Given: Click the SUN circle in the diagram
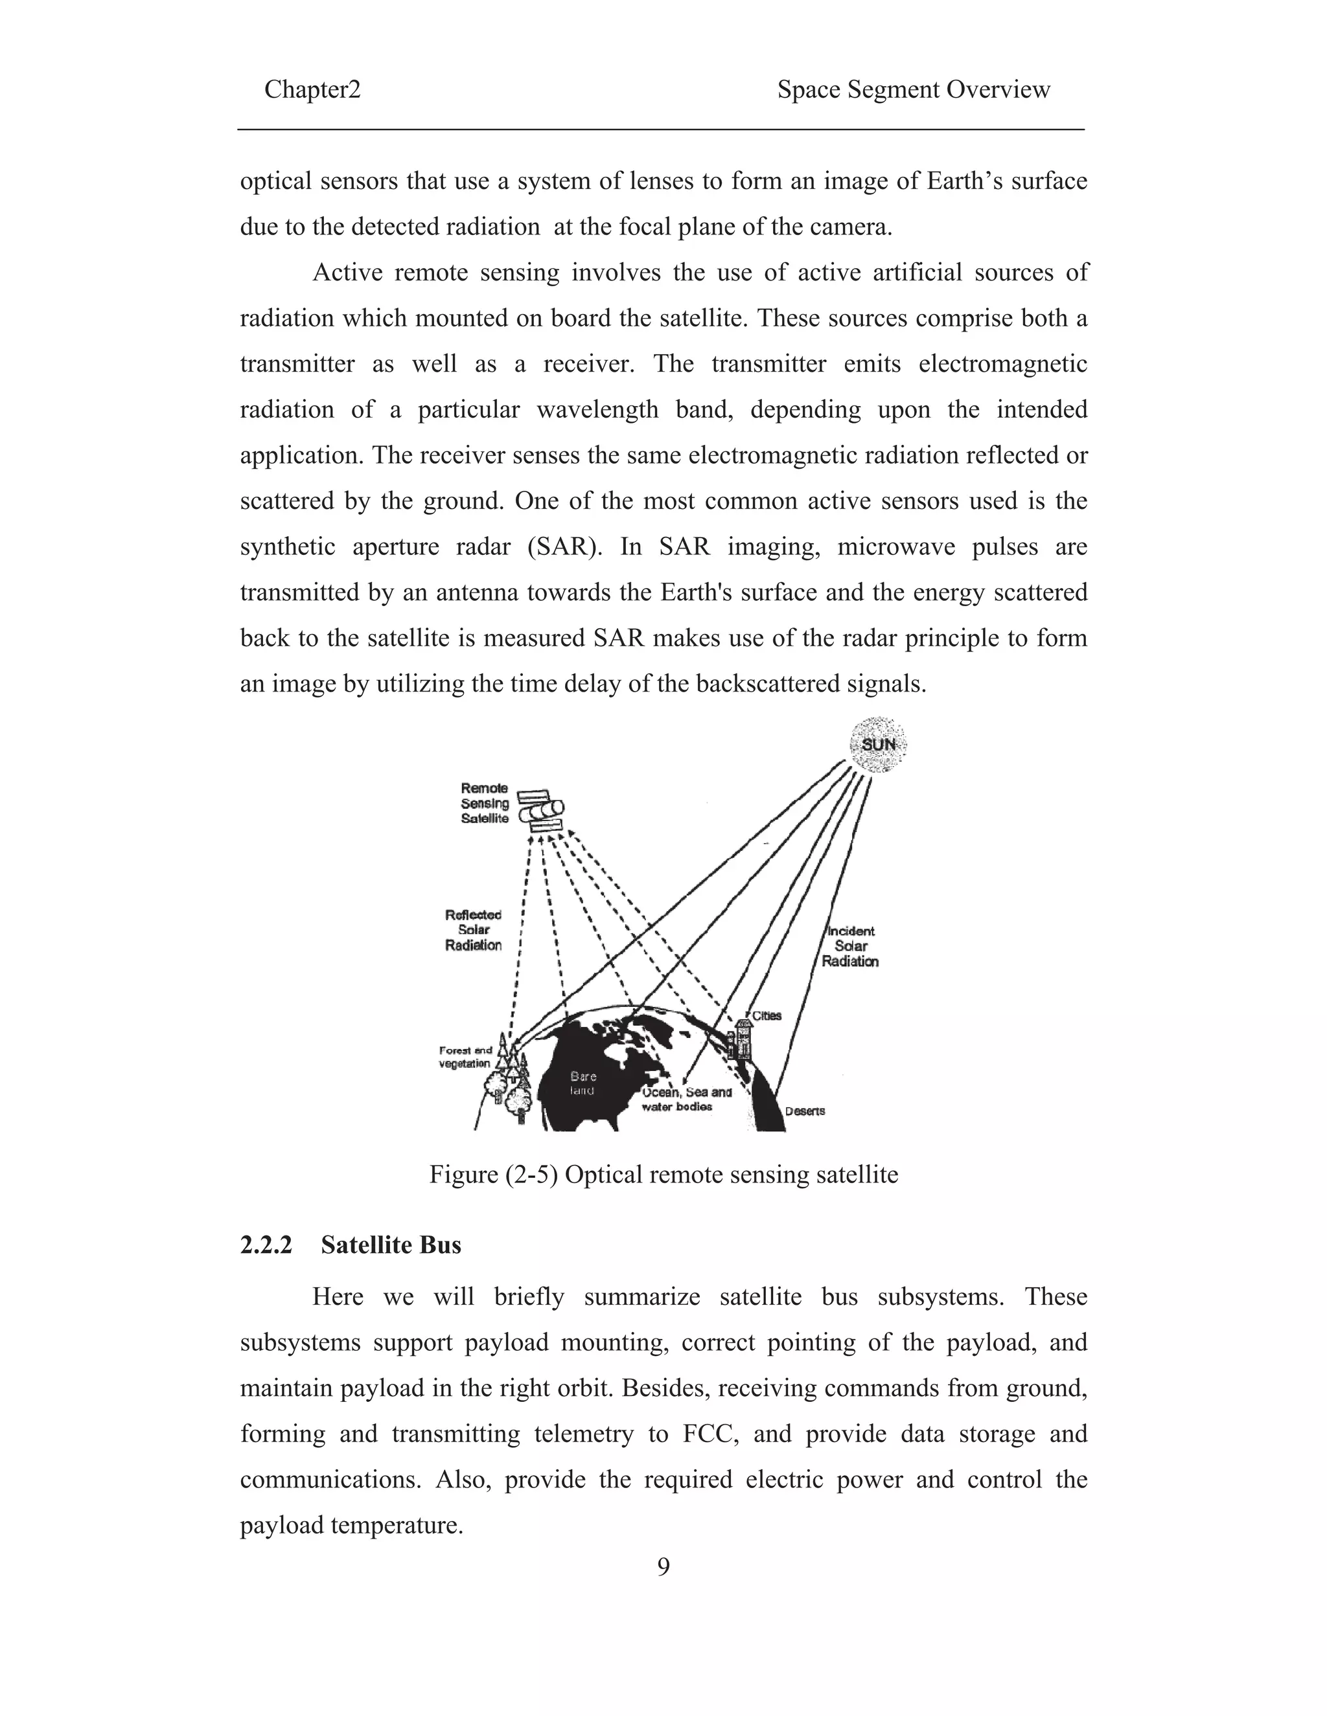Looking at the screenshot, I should click(x=878, y=744).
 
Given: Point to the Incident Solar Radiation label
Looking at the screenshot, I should click(x=850, y=946).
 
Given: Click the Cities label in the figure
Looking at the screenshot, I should click(x=767, y=1015).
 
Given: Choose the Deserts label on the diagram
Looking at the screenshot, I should click(x=805, y=1111).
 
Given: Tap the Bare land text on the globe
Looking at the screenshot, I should click(x=583, y=1083).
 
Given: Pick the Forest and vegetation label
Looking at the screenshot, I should click(x=465, y=1057).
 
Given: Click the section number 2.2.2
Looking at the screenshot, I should click(x=266, y=1245).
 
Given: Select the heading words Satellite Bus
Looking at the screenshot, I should click(x=391, y=1245).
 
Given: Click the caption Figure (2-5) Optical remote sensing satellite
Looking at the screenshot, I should click(x=663, y=1174).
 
